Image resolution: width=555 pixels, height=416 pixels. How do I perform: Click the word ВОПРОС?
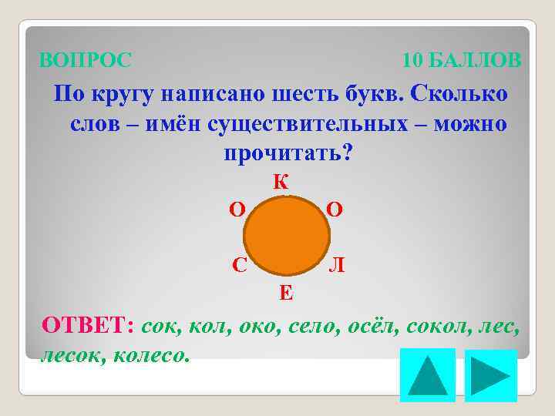[x=86, y=59]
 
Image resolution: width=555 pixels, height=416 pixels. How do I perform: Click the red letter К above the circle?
[x=281, y=183]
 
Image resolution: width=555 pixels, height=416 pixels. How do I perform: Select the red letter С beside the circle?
[x=240, y=265]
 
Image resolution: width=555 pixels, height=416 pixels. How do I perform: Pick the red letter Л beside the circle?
[x=337, y=265]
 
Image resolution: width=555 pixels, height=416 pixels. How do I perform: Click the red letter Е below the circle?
[x=285, y=292]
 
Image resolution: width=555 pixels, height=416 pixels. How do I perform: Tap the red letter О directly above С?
[x=238, y=210]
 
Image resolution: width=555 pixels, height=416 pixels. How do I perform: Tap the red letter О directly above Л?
[x=335, y=210]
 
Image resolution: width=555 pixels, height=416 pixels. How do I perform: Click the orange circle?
[x=287, y=236]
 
